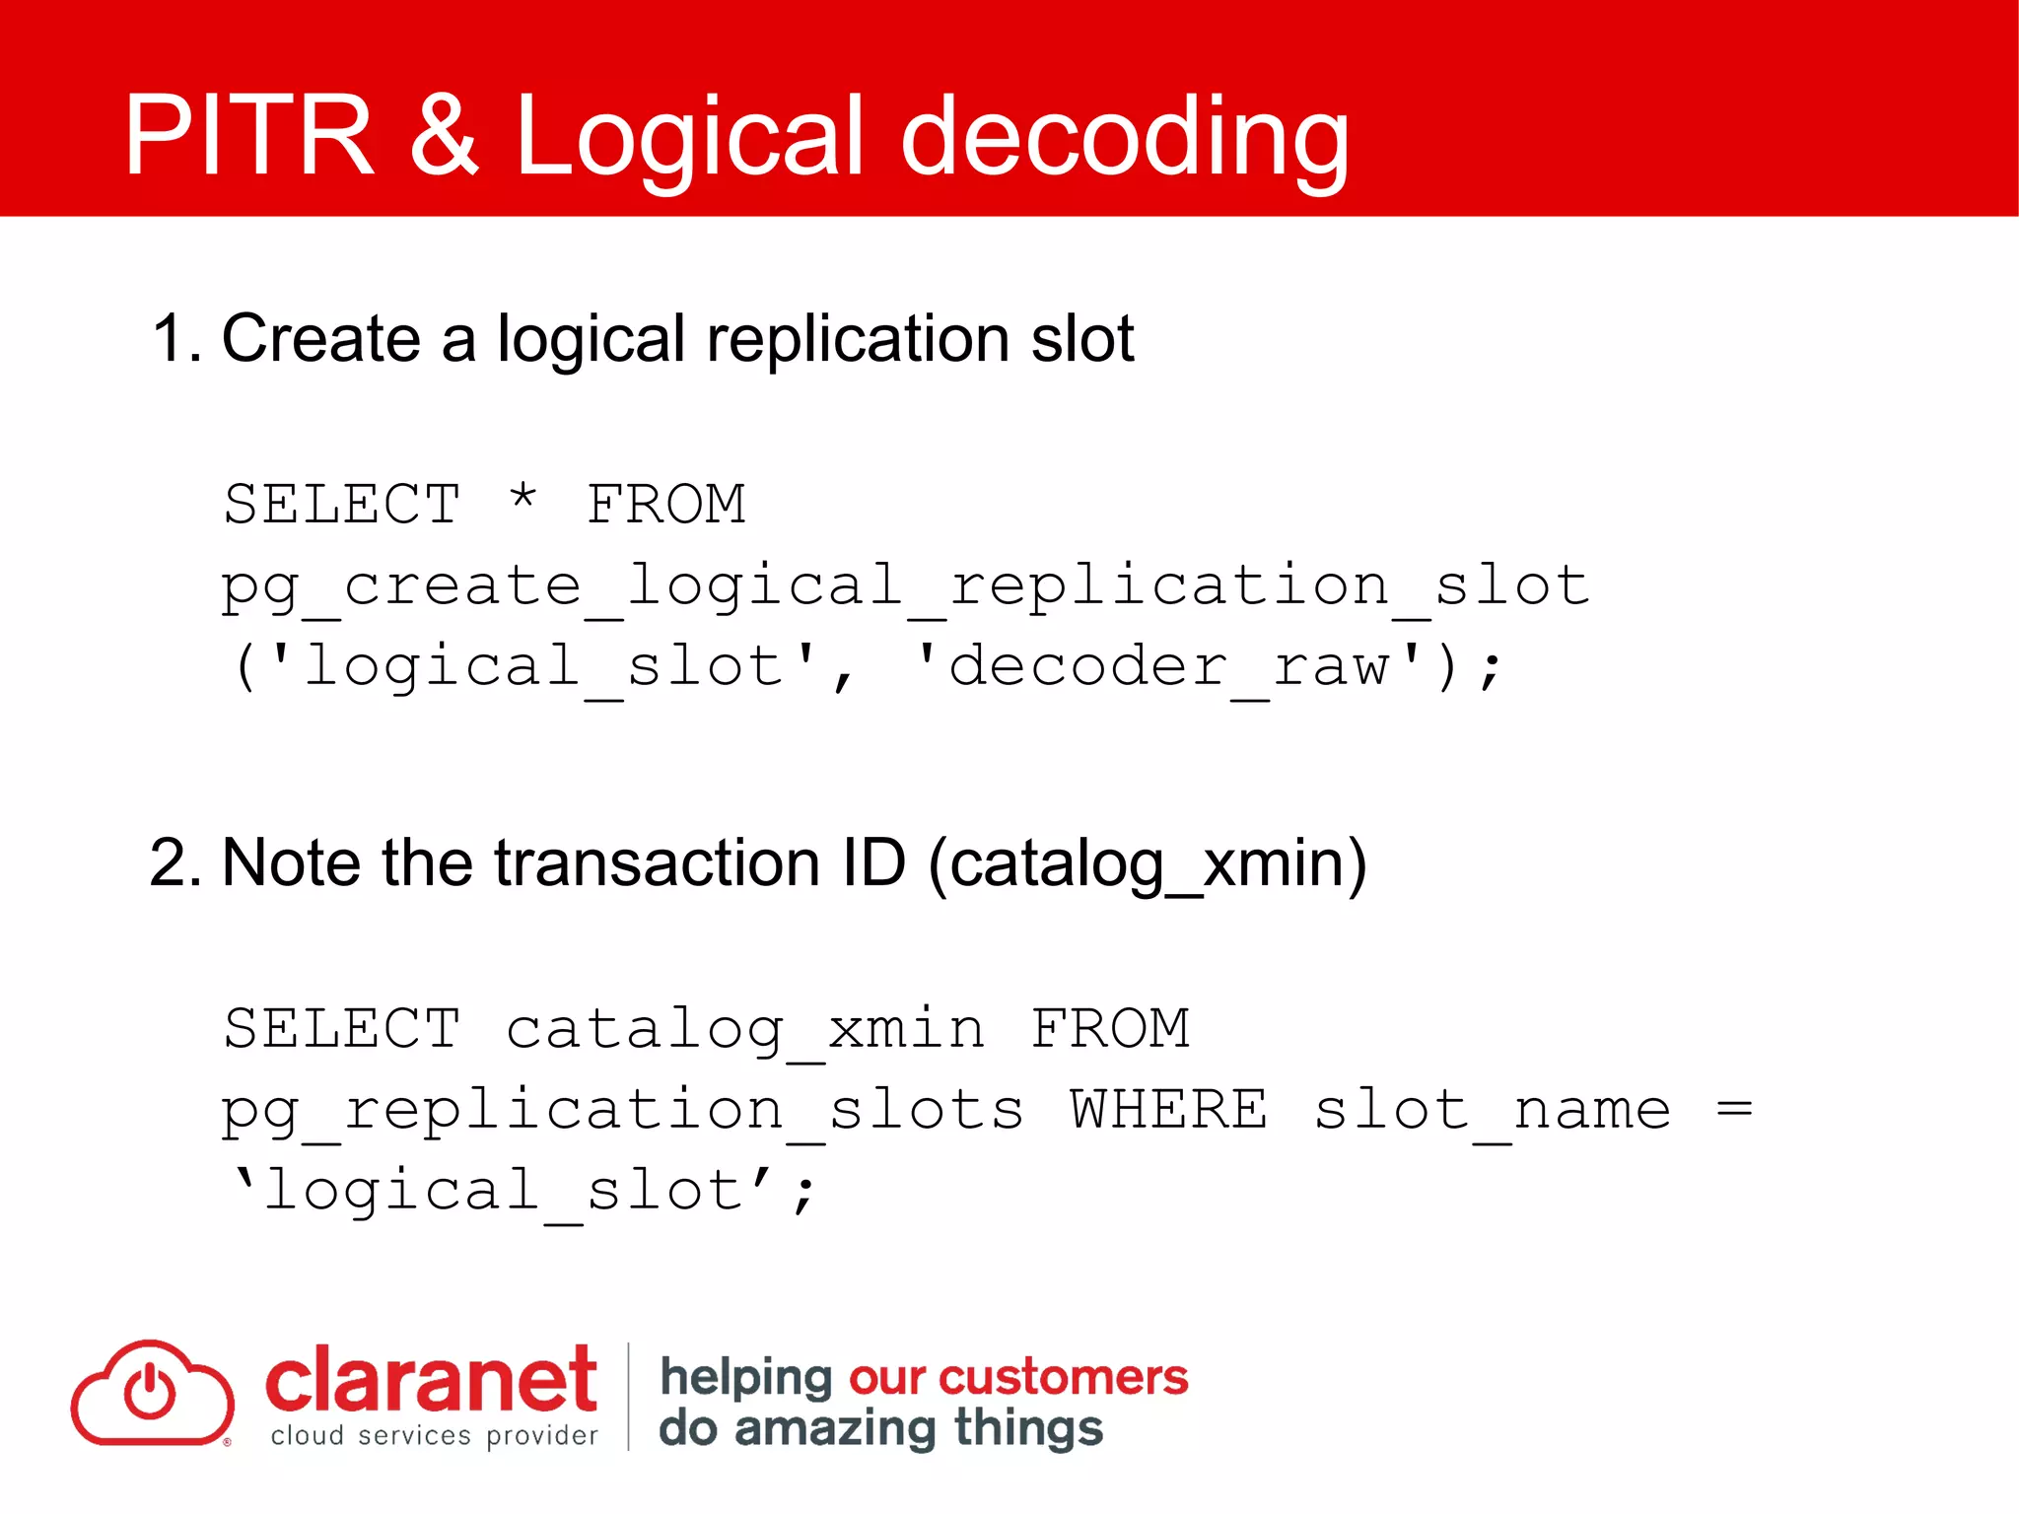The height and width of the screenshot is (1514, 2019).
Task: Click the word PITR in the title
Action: (x=248, y=135)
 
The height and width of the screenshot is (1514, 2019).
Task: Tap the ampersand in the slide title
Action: (x=444, y=135)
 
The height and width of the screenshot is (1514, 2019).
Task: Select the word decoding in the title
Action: (x=1124, y=138)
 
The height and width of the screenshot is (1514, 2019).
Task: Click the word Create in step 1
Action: (x=320, y=338)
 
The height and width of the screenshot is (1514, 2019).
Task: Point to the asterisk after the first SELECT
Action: (x=522, y=498)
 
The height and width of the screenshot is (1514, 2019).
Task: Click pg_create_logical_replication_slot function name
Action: (x=904, y=585)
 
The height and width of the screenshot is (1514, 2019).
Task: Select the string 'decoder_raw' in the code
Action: (x=1167, y=666)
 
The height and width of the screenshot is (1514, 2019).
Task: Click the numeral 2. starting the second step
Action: (x=175, y=862)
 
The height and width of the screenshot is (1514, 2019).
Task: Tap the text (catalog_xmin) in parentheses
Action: (x=1147, y=864)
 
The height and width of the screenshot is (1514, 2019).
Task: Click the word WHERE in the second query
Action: (x=1168, y=1110)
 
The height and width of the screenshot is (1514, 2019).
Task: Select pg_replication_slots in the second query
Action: (x=622, y=1112)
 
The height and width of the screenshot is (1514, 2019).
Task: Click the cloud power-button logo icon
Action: (x=152, y=1393)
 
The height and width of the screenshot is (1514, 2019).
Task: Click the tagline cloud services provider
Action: (x=434, y=1436)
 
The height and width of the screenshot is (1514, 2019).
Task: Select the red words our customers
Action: (x=1018, y=1377)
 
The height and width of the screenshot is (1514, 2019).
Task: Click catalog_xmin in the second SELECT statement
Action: (x=744, y=1030)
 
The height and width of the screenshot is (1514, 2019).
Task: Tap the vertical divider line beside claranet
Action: (x=628, y=1395)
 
